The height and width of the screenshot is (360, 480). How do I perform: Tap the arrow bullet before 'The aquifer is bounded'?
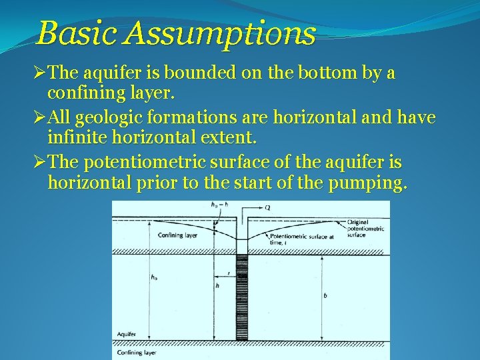point(41,73)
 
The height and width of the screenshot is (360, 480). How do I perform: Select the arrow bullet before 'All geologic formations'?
point(41,118)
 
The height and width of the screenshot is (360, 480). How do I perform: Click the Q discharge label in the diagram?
point(267,207)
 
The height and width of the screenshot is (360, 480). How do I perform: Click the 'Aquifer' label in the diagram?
point(127,331)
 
